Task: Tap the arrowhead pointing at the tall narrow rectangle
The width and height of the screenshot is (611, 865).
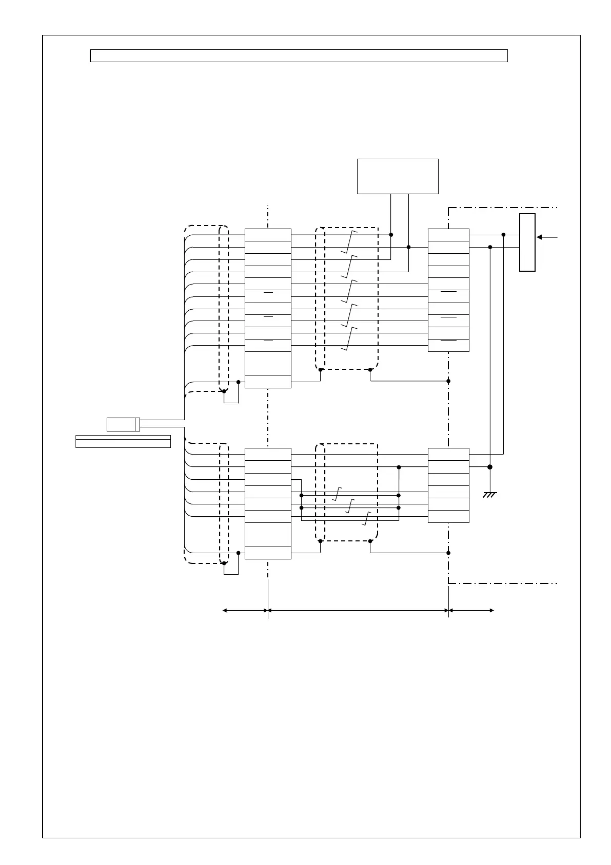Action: click(x=540, y=237)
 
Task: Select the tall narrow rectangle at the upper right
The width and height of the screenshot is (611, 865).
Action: click(x=527, y=242)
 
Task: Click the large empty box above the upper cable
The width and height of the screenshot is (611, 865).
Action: click(x=398, y=176)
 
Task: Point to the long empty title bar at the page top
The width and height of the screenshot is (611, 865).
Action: click(x=299, y=55)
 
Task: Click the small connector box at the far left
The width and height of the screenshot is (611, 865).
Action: click(x=123, y=424)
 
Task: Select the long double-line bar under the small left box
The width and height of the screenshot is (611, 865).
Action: click(x=123, y=441)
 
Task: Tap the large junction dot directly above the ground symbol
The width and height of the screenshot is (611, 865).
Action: click(x=490, y=467)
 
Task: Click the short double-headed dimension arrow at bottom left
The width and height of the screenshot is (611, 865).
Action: click(x=245, y=610)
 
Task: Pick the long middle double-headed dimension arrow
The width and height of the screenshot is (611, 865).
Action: click(x=358, y=610)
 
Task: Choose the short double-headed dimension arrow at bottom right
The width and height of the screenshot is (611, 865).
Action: click(x=471, y=610)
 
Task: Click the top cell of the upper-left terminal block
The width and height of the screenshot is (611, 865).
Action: click(x=268, y=235)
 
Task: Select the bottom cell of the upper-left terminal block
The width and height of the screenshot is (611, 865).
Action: click(x=268, y=382)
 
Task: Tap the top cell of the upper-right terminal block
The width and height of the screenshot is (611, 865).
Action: click(x=448, y=235)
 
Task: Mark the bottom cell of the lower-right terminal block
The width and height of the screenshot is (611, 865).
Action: click(x=448, y=516)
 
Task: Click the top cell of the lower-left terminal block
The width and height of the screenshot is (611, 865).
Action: click(x=268, y=454)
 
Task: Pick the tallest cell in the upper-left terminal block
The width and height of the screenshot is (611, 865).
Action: click(x=268, y=364)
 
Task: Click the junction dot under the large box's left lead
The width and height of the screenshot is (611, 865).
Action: click(x=391, y=235)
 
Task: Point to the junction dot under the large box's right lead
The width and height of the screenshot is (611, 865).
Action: click(x=409, y=247)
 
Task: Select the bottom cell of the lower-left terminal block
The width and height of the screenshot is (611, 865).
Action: click(x=268, y=553)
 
